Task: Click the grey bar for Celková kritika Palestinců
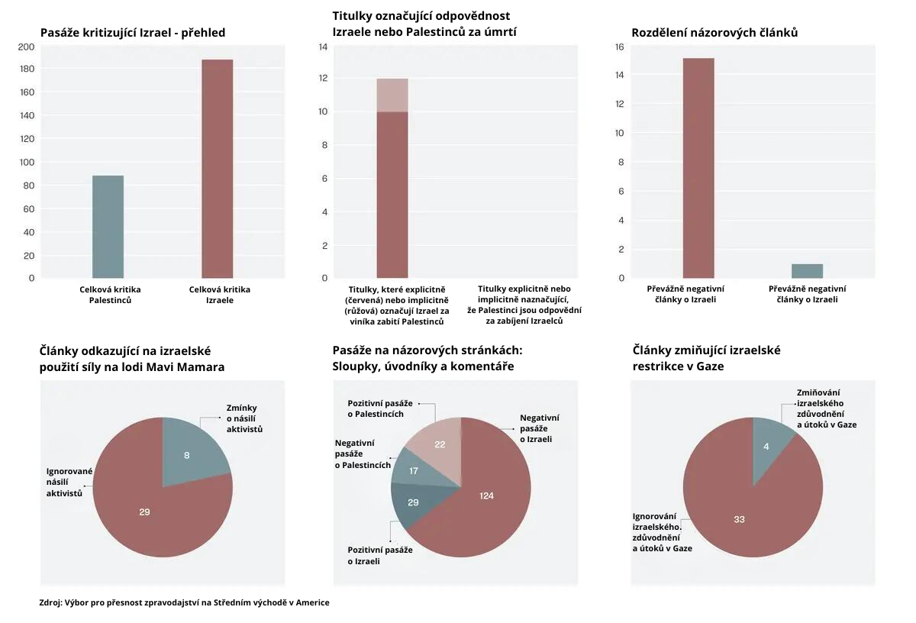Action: click(108, 227)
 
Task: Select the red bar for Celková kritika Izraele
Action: click(217, 168)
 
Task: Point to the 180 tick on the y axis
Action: click(27, 69)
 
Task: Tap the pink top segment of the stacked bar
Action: click(392, 95)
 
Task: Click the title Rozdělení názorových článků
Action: click(714, 33)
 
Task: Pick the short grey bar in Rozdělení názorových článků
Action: click(807, 271)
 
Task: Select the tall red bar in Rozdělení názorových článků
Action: click(698, 168)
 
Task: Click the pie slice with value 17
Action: click(412, 472)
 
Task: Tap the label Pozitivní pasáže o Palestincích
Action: click(380, 408)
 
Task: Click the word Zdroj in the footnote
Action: click(50, 602)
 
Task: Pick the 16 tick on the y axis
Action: click(619, 47)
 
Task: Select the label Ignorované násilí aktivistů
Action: click(69, 483)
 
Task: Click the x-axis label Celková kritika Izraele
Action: click(219, 295)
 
